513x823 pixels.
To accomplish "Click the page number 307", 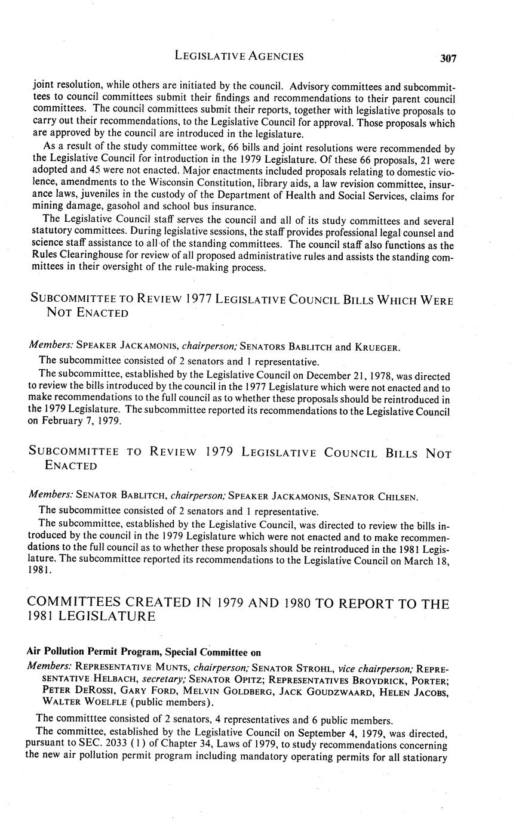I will point(448,58).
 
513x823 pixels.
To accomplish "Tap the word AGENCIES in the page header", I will point(272,57).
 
